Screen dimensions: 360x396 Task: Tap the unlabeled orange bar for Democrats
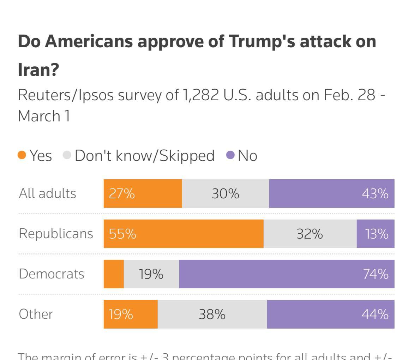click(x=114, y=274)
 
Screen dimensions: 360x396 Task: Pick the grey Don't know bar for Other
click(x=212, y=314)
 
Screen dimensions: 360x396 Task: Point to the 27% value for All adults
click(x=122, y=193)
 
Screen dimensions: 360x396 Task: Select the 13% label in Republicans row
click(x=377, y=234)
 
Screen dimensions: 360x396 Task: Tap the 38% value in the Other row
click(x=212, y=314)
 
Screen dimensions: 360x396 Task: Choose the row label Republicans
click(x=56, y=234)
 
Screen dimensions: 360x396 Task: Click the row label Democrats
click(x=52, y=274)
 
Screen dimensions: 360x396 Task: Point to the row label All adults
click(x=47, y=193)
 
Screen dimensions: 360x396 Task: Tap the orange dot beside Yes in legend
click(x=22, y=155)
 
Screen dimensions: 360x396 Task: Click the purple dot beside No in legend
click(x=230, y=155)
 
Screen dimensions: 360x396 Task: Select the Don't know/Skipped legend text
click(x=144, y=156)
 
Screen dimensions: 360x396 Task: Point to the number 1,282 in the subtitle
click(x=201, y=95)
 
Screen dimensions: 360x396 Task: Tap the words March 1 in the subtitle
click(x=44, y=116)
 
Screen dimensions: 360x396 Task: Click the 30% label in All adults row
click(x=226, y=193)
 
